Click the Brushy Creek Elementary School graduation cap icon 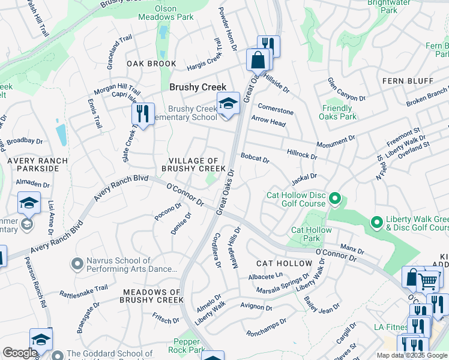point(228,104)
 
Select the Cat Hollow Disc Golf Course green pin point(335,198)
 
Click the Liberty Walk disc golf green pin point(376,223)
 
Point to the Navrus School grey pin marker point(77,263)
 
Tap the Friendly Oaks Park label point(340,113)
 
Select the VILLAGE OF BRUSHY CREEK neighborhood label point(193,165)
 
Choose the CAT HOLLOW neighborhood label point(284,263)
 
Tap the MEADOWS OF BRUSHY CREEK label point(152,296)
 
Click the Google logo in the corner point(20,353)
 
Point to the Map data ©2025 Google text point(411,355)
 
